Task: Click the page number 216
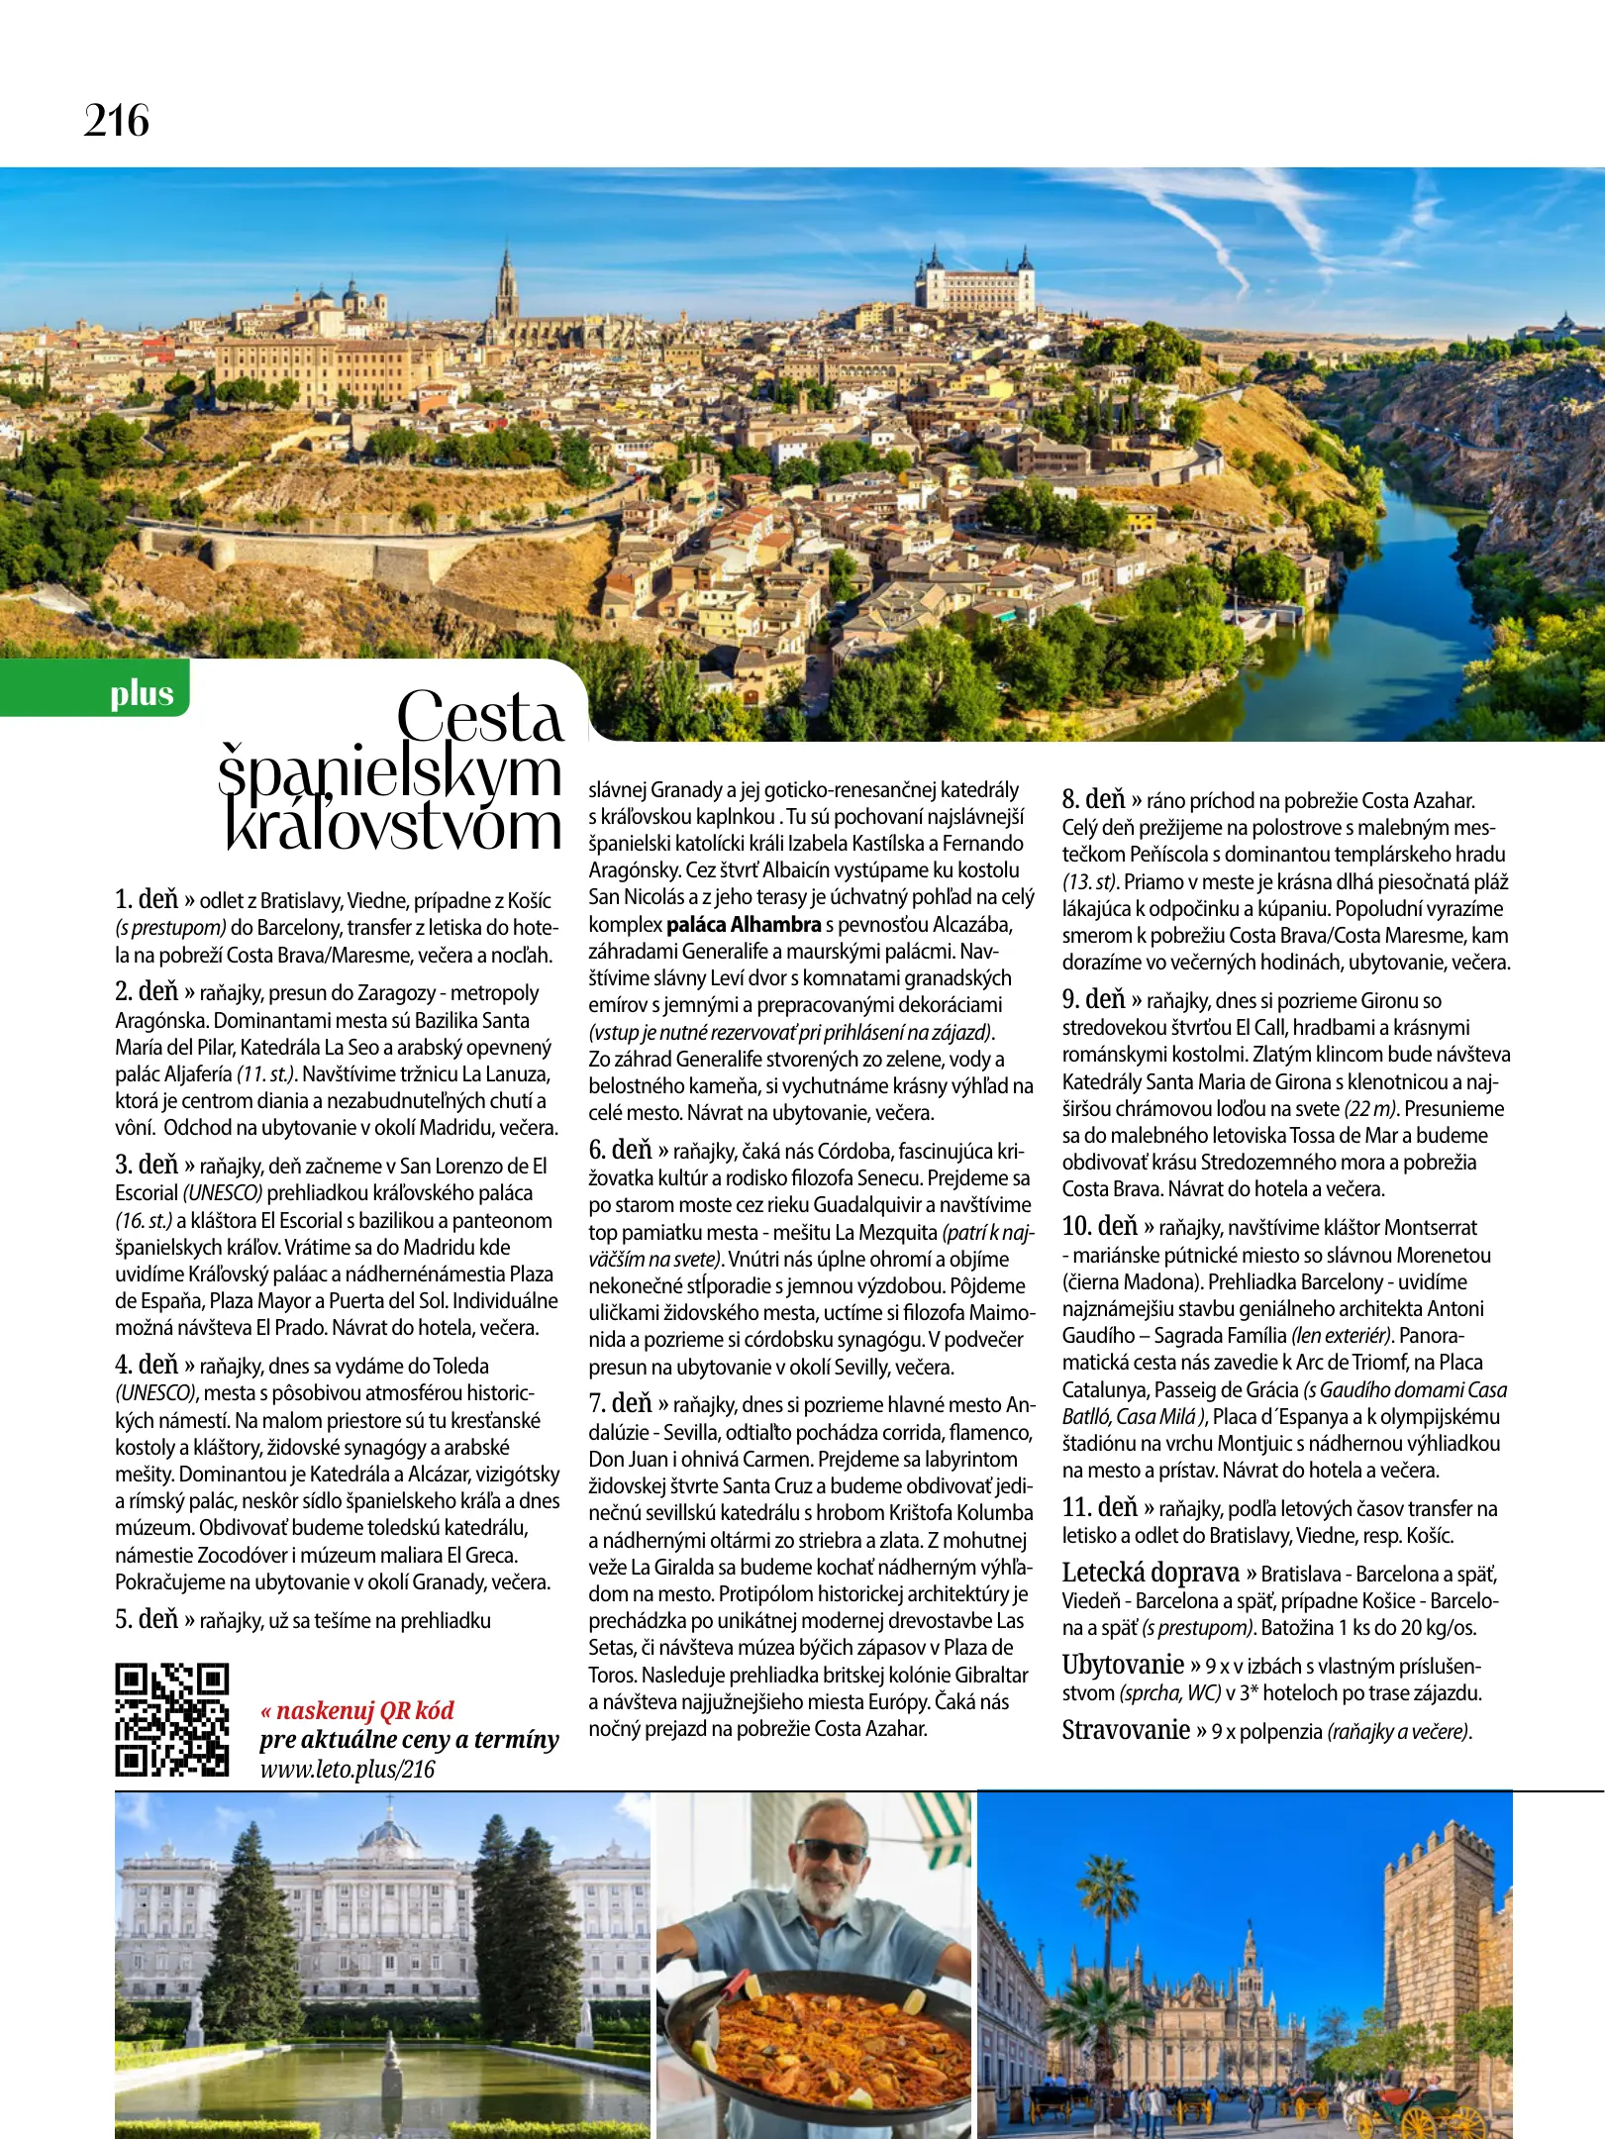117,121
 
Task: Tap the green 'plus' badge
142,693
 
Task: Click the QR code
172,1720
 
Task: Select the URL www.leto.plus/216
348,1770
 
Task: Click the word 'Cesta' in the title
480,716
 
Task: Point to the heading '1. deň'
147,899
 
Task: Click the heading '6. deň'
621,1150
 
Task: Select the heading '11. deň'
1099,1507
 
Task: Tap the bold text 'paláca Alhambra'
744,925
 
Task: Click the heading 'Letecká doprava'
1151,1573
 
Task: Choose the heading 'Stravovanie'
1126,1730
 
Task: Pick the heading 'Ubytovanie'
1123,1665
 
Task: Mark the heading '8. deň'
1094,799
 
